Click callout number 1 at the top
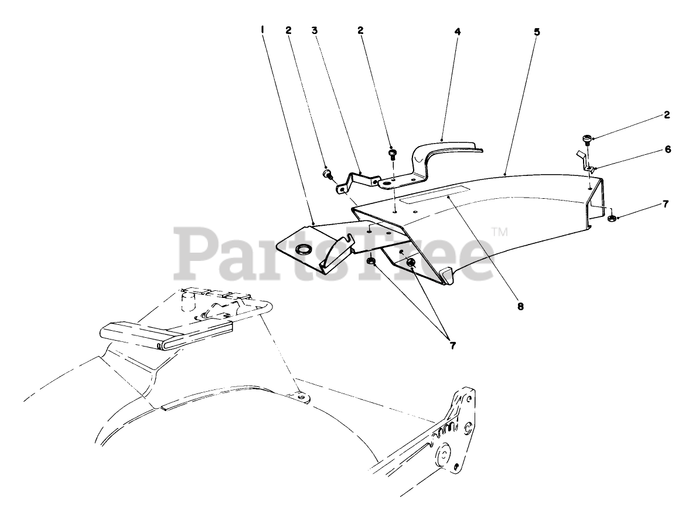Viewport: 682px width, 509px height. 262,29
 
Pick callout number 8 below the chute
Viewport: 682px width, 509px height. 520,306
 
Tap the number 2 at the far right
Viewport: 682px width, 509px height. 667,116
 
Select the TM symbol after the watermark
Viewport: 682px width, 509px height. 499,232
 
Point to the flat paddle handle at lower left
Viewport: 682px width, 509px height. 135,334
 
